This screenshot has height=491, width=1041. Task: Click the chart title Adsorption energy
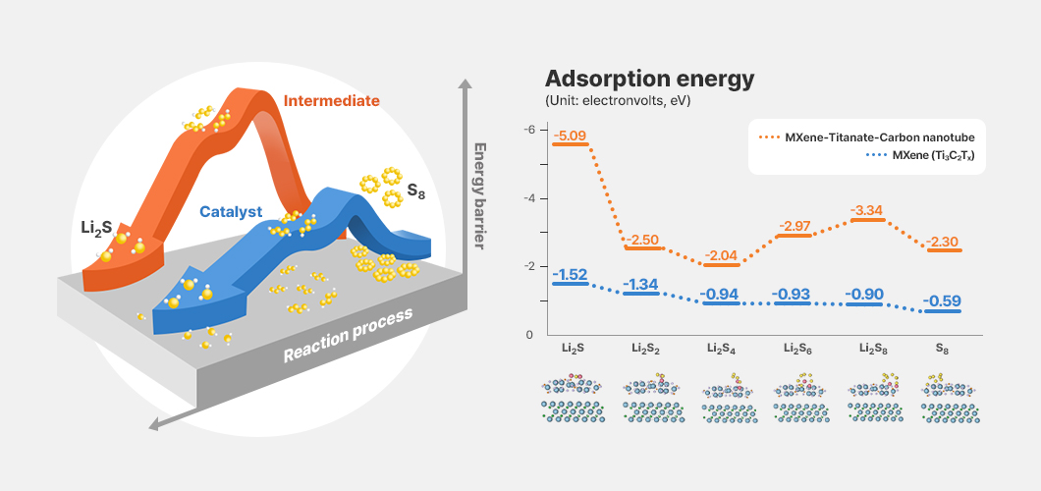649,79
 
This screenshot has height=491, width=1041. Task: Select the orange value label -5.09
571,136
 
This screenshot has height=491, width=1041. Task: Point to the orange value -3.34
867,211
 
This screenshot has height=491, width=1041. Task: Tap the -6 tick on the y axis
528,129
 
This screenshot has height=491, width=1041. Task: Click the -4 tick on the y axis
528,198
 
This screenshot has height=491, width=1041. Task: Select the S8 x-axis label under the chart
942,348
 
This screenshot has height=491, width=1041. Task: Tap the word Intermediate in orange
331,101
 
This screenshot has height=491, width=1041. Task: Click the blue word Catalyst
231,212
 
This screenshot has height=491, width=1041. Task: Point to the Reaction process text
348,335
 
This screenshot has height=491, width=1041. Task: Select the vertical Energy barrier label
480,195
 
